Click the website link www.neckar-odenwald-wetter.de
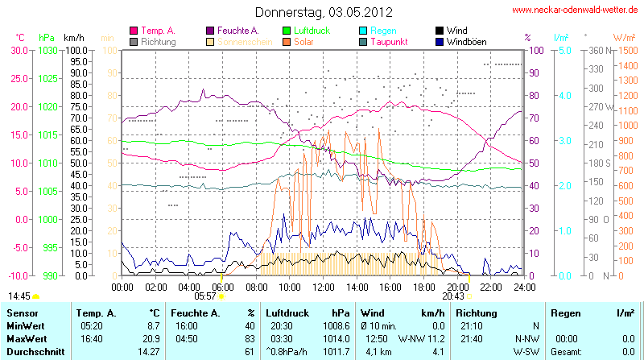click(x=576, y=10)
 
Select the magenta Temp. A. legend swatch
click(x=134, y=31)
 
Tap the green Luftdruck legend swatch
click(x=287, y=31)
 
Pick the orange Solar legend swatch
click(x=287, y=41)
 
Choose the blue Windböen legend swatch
click(x=440, y=41)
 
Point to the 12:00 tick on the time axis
click(x=323, y=286)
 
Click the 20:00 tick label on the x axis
click(x=457, y=286)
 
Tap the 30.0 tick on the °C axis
click(x=18, y=50)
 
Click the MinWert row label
click(x=25, y=325)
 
